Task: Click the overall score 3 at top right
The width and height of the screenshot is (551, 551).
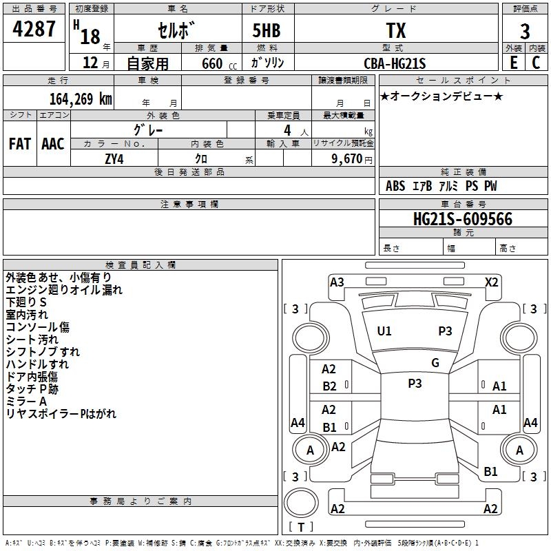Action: (525, 32)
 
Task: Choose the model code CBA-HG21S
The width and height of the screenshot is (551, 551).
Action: (395, 63)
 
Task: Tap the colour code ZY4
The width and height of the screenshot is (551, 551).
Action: (114, 158)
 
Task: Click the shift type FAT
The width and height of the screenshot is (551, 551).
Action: (20, 143)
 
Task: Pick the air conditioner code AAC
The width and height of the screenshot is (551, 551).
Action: (53, 143)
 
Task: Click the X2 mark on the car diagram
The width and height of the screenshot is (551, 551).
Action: (492, 282)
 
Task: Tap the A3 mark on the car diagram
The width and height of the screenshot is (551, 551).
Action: (337, 282)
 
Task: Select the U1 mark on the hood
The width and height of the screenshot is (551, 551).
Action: (384, 331)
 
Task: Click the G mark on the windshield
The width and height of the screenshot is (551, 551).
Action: (435, 363)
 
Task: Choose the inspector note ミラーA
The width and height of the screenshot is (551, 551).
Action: (26, 402)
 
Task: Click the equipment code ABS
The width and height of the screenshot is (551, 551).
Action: (395, 186)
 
